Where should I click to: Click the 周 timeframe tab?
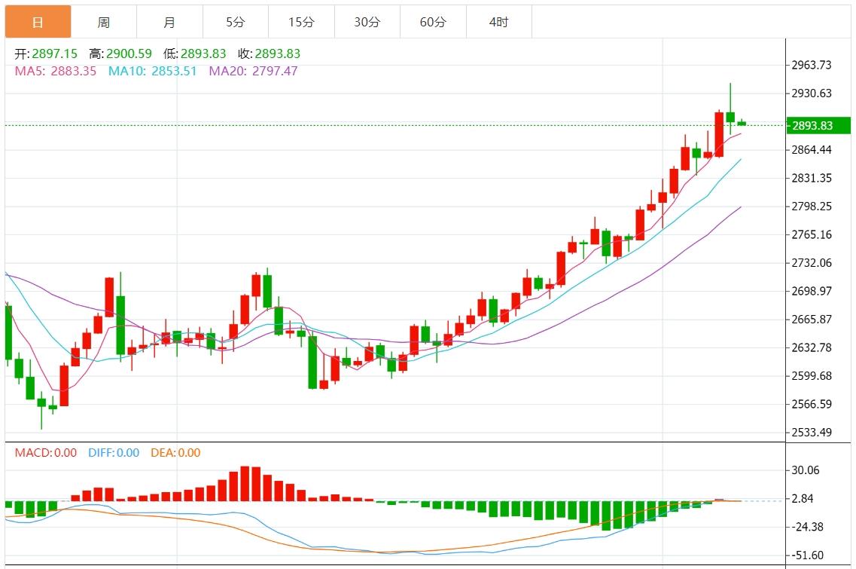[x=104, y=23]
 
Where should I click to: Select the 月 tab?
[x=169, y=23]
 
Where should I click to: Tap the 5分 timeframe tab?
[x=236, y=23]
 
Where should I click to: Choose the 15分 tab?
[x=301, y=23]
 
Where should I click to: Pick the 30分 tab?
[x=367, y=23]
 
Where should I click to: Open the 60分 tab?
[x=433, y=23]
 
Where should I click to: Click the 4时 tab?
[x=498, y=23]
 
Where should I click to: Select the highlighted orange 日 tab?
[x=38, y=23]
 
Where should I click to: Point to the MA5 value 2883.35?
[x=74, y=72]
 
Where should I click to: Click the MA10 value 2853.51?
[x=174, y=72]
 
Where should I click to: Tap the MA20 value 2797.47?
[x=274, y=72]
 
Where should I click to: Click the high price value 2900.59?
[x=130, y=54]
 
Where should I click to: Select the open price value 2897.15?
[x=56, y=54]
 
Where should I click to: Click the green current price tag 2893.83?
[x=818, y=126]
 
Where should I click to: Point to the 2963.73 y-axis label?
[x=812, y=65]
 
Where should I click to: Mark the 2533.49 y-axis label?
[x=812, y=432]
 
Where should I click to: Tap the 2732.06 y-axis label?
[x=812, y=262]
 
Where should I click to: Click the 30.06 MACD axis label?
[x=806, y=470]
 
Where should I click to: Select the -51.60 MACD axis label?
[x=806, y=555]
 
